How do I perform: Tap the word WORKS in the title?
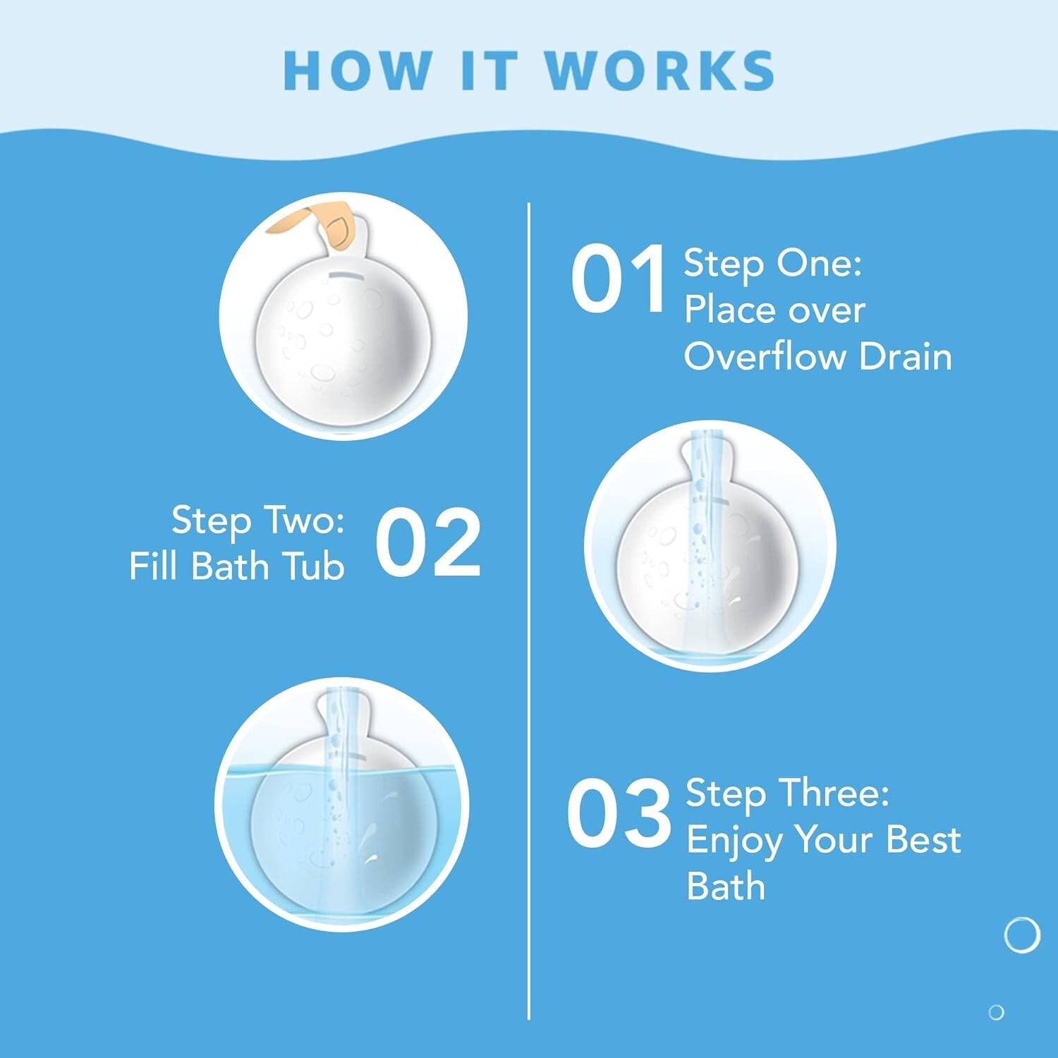pos(659,71)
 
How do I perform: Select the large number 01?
pos(618,279)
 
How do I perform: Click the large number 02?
pos(427,543)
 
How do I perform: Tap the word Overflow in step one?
pos(765,356)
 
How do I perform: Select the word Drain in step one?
pos(906,356)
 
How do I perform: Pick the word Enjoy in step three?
pos(735,841)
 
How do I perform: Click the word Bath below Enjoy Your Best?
pos(726,886)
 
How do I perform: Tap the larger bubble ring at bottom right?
pos(1021,935)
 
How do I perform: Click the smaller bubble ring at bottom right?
pos(996,1012)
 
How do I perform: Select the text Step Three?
pos(787,793)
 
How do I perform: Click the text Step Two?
pos(258,521)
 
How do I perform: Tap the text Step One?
pos(772,263)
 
